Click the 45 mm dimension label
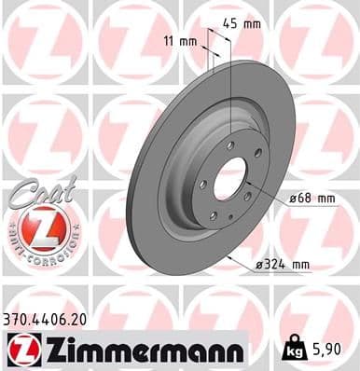point(244,25)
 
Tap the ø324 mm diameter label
point(283,264)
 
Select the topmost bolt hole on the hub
point(228,144)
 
